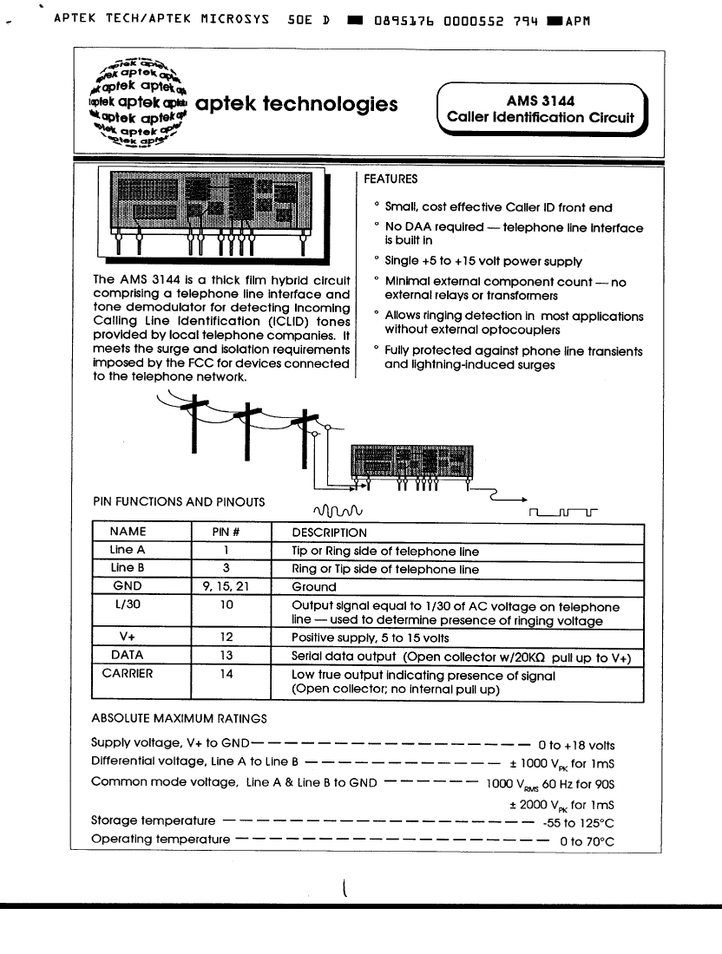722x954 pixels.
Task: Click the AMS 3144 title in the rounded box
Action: (x=540, y=101)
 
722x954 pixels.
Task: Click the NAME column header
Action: (x=128, y=532)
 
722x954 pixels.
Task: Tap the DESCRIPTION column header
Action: (x=329, y=533)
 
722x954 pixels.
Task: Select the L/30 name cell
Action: (x=128, y=607)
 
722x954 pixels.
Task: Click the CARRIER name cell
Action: (x=128, y=673)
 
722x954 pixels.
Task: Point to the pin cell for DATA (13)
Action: (x=226, y=656)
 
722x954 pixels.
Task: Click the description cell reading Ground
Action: (x=313, y=587)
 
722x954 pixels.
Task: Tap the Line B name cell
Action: (x=128, y=568)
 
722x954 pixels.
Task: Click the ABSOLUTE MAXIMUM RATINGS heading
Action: (x=179, y=718)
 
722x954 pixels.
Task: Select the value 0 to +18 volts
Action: (x=576, y=745)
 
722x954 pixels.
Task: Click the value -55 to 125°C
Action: (x=578, y=822)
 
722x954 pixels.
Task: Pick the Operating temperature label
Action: (x=161, y=839)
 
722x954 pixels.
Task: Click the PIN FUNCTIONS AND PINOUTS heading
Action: (x=178, y=501)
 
